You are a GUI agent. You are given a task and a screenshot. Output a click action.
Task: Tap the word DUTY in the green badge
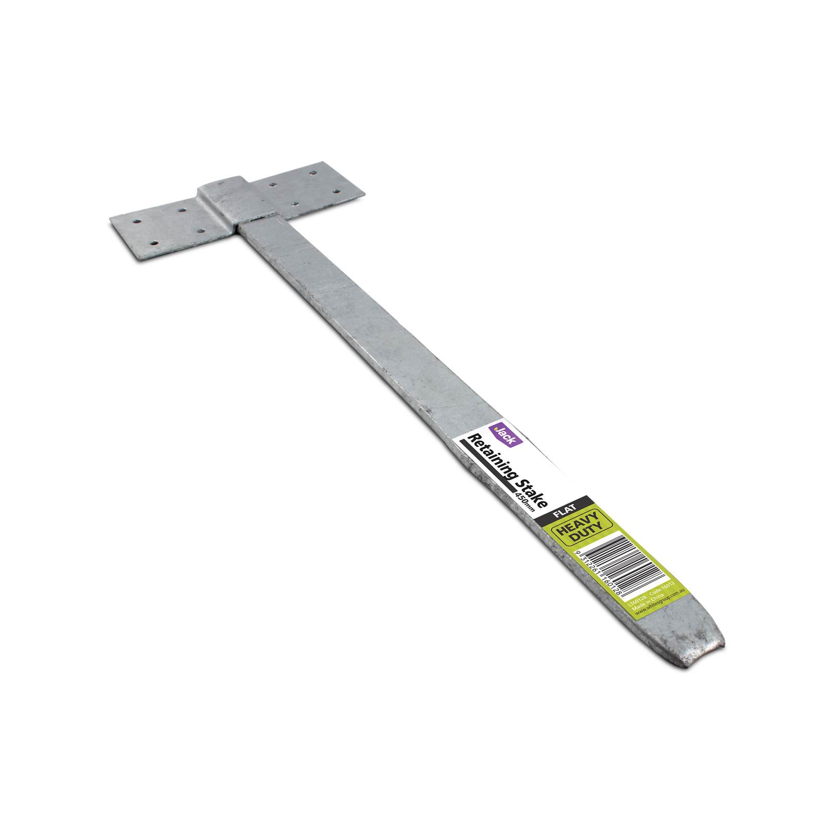click(x=586, y=532)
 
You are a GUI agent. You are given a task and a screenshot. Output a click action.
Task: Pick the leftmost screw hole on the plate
click(x=136, y=221)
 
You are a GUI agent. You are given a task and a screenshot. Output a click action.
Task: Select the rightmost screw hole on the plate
click(x=337, y=191)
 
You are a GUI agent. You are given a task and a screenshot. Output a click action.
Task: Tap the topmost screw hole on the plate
click(x=313, y=172)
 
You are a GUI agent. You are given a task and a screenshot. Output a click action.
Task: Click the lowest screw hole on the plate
click(x=154, y=243)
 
